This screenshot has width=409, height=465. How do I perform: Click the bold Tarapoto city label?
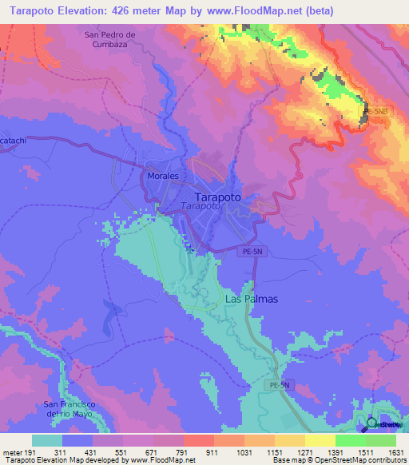[218, 196]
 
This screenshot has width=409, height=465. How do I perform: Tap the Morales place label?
[162, 175]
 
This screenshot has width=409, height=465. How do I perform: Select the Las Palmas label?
[251, 299]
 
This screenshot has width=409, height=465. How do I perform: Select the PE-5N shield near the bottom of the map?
[276, 385]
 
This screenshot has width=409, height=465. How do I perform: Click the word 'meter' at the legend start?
[12, 451]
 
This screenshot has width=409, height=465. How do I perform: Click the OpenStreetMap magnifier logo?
[372, 424]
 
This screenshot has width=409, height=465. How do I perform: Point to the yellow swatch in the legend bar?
[320, 440]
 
